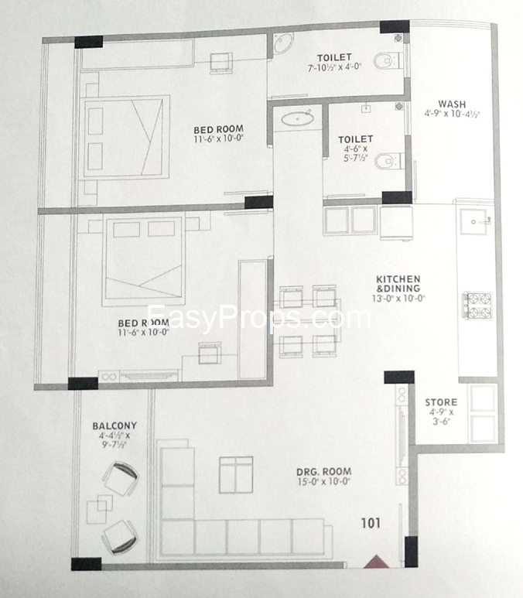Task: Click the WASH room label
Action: click(x=452, y=104)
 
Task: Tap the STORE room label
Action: click(x=441, y=402)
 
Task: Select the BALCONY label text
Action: click(x=115, y=425)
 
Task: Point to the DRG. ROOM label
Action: click(x=324, y=472)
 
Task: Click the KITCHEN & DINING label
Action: click(x=398, y=284)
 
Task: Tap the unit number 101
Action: click(x=371, y=523)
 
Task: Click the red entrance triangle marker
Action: click(x=377, y=562)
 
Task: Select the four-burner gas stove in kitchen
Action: click(x=477, y=306)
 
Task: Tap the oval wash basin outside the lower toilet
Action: click(x=298, y=118)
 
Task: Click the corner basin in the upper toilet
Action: click(x=282, y=43)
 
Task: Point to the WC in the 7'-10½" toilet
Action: click(x=388, y=60)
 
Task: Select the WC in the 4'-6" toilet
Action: click(x=388, y=161)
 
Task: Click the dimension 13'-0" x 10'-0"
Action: click(x=398, y=299)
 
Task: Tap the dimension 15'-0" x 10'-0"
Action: click(x=324, y=481)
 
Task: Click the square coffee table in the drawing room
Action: click(x=236, y=475)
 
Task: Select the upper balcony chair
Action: click(x=121, y=478)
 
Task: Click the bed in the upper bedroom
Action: click(x=126, y=137)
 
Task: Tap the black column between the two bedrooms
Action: click(x=258, y=203)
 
